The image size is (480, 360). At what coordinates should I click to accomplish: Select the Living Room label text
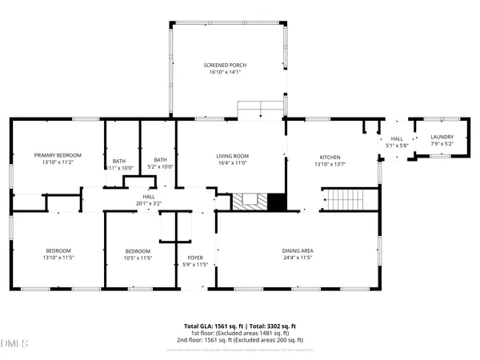pos(233,156)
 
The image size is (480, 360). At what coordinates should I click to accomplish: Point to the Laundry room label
pos(442,138)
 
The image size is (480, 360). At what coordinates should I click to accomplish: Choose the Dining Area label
pos(297,250)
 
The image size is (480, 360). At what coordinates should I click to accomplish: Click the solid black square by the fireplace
pos(277,202)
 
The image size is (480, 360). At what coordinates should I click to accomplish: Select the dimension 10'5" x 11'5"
pos(138,258)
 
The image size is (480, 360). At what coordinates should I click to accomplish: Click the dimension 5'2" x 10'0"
pos(161,167)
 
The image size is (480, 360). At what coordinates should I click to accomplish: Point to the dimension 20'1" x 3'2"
pos(149,202)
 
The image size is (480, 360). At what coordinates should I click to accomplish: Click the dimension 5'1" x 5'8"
pos(397,146)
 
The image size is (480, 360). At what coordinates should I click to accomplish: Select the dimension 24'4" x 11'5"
pos(297,258)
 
